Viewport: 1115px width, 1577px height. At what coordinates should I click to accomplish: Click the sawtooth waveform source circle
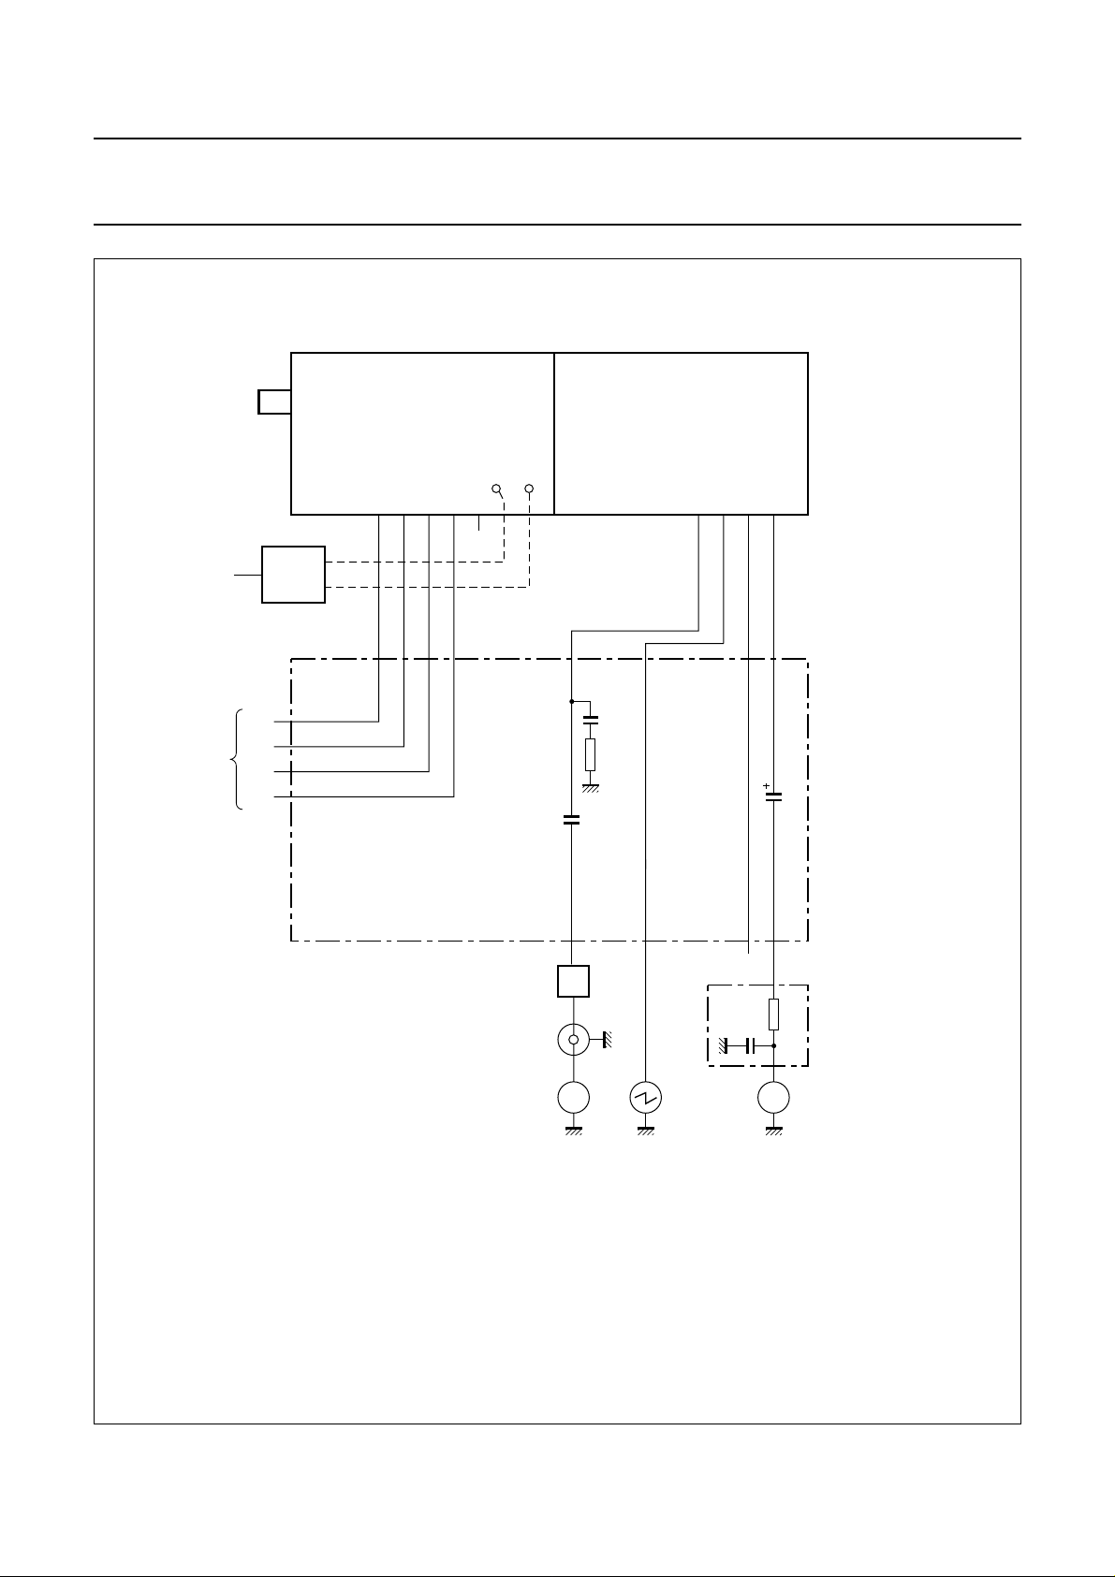(x=647, y=1098)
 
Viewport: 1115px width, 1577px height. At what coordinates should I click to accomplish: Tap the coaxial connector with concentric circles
(x=573, y=1040)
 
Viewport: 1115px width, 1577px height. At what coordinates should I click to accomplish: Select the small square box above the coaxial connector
(x=573, y=981)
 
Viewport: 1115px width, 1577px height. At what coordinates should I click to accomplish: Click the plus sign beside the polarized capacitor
(x=766, y=786)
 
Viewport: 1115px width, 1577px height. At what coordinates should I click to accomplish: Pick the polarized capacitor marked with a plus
(x=773, y=797)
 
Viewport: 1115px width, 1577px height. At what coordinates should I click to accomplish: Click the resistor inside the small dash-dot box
(x=773, y=1014)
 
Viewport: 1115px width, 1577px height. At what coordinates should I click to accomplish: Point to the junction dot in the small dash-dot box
(x=773, y=1045)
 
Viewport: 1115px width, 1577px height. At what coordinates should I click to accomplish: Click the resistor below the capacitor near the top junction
(x=590, y=754)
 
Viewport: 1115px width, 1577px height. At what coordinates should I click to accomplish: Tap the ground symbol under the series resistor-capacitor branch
(x=590, y=788)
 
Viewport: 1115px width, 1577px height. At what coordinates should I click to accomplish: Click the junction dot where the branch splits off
(x=572, y=700)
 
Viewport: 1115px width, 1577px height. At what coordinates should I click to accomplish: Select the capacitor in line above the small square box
(x=572, y=820)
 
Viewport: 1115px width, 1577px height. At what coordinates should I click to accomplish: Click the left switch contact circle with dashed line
(x=496, y=489)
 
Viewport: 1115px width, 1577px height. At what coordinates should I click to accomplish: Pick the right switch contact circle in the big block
(x=530, y=489)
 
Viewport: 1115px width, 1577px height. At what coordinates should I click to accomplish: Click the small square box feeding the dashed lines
(x=293, y=575)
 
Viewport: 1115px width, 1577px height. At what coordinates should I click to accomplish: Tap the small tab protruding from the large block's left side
(x=273, y=402)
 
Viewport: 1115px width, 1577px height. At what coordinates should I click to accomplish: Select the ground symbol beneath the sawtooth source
(x=647, y=1132)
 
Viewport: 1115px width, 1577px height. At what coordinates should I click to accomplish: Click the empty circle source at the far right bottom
(x=773, y=1098)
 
